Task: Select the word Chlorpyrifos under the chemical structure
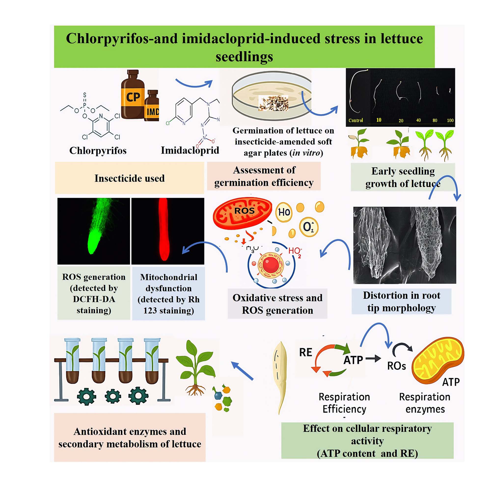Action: [98, 150]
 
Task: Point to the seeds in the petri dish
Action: [273, 103]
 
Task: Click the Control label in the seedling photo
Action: [355, 120]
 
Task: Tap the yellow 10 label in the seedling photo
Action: [379, 120]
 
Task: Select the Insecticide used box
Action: [129, 178]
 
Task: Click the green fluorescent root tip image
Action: [94, 231]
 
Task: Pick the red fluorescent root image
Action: [168, 231]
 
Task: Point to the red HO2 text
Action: [295, 251]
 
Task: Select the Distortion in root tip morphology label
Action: [401, 301]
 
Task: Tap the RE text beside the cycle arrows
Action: [305, 352]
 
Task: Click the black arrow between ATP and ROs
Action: [373, 358]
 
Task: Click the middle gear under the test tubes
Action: [113, 396]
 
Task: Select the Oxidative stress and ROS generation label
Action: [277, 304]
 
